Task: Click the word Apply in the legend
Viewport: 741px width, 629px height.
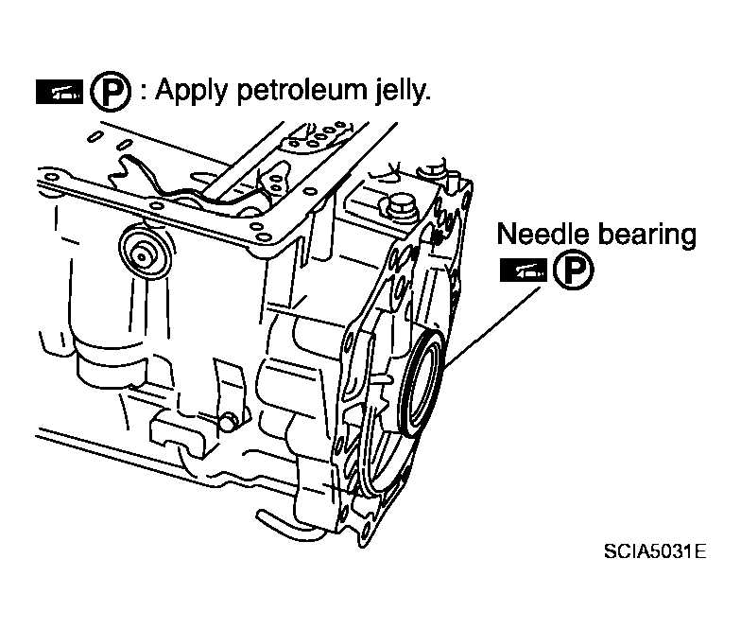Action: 192,91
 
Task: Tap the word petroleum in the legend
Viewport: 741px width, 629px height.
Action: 302,90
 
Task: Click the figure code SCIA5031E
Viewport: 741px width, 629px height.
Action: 656,551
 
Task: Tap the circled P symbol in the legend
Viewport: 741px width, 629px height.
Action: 111,91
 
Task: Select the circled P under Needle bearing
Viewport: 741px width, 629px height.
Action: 574,270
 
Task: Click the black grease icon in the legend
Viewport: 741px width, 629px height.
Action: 60,92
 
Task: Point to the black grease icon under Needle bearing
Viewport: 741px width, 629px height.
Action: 524,271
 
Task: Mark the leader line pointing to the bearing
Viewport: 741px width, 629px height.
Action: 491,327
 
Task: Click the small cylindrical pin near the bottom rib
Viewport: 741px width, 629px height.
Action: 229,422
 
